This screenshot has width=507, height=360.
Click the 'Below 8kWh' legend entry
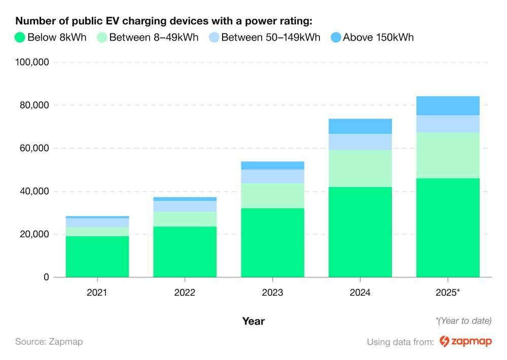pyautogui.click(x=51, y=38)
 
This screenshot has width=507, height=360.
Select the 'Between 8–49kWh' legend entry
pyautogui.click(x=148, y=38)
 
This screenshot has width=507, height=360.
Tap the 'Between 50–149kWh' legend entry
pyautogui.click(x=265, y=38)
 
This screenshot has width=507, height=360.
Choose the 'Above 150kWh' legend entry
pyautogui.click(x=372, y=38)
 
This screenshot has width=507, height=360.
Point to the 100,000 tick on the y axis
pyautogui.click(x=31, y=62)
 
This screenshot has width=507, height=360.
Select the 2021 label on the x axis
pyautogui.click(x=97, y=293)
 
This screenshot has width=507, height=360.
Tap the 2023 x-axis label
pyautogui.click(x=272, y=293)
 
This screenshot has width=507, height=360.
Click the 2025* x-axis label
pyautogui.click(x=448, y=293)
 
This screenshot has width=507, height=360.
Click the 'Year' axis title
pyautogui.click(x=253, y=321)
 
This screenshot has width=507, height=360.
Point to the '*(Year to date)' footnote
pyautogui.click(x=463, y=320)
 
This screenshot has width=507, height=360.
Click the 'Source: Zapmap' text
pyautogui.click(x=49, y=341)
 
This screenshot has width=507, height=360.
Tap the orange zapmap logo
pyautogui.click(x=465, y=341)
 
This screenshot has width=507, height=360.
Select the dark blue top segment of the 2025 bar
pyautogui.click(x=448, y=105)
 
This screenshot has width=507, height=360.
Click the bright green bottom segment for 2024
pyautogui.click(x=360, y=232)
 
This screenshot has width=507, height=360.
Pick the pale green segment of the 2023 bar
pyautogui.click(x=272, y=196)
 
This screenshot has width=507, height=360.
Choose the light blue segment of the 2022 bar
pyautogui.click(x=185, y=206)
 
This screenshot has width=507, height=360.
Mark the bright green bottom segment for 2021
pyautogui.click(x=97, y=257)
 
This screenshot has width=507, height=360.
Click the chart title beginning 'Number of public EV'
pyautogui.click(x=163, y=21)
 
